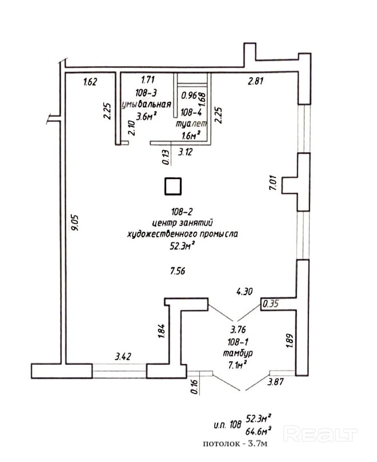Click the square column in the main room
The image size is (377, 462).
point(173,186)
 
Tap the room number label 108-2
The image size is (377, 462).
point(182,211)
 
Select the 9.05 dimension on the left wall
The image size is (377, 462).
point(75,222)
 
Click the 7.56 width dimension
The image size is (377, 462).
point(178,271)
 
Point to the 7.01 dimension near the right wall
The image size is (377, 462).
point(273,182)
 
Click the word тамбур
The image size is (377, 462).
point(238,353)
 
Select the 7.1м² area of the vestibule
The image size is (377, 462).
point(237,365)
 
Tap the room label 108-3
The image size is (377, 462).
point(146,93)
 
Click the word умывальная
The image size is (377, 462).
point(147,104)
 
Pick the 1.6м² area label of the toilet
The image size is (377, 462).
point(191,136)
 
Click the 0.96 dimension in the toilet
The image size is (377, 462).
point(188,95)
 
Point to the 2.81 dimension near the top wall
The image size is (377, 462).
point(255,81)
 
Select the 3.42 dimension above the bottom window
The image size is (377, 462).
point(123,357)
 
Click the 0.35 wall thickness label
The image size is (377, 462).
point(270,304)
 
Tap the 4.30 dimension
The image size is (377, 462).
point(244,292)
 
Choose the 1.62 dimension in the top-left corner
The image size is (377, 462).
point(90,81)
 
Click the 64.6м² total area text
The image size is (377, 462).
point(258,431)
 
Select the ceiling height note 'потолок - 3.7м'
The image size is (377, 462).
point(235,444)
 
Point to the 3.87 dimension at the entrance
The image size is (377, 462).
point(275,382)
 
